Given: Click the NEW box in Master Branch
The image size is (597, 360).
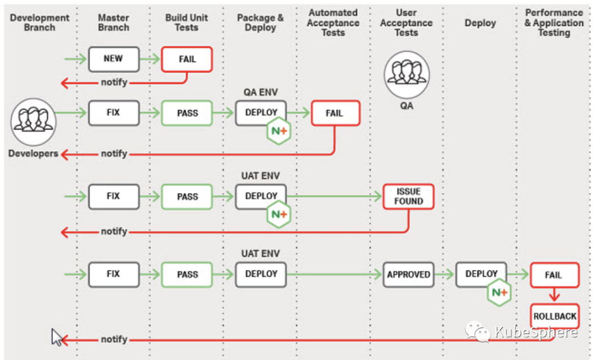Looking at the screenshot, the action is pyautogui.click(x=114, y=59).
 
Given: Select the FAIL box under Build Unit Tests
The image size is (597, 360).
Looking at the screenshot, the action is pyautogui.click(x=187, y=59).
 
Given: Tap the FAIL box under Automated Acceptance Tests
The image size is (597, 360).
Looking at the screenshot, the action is pyautogui.click(x=336, y=113).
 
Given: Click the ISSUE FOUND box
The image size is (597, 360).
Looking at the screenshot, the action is pyautogui.click(x=408, y=196).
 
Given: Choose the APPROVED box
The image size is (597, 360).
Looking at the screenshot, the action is pyautogui.click(x=408, y=274).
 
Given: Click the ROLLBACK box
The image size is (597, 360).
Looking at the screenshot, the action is pyautogui.click(x=555, y=316).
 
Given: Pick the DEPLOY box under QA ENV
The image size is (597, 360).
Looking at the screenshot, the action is pyautogui.click(x=261, y=113).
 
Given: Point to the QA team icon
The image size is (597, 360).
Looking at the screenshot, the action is pyautogui.click(x=407, y=75).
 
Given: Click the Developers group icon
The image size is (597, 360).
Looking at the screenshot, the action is pyautogui.click(x=34, y=122).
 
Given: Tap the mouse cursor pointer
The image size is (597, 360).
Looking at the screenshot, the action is pyautogui.click(x=56, y=337).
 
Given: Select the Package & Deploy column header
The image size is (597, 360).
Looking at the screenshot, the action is pyautogui.click(x=260, y=23).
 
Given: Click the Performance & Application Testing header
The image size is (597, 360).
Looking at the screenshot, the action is pyautogui.click(x=554, y=23).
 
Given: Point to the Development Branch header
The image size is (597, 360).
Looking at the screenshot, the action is pyautogui.click(x=40, y=23).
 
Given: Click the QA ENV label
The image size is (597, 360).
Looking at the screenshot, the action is pyautogui.click(x=261, y=92).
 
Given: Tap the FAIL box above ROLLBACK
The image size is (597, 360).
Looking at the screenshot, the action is pyautogui.click(x=555, y=275).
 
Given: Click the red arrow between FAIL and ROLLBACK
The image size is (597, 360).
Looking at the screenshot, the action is pyautogui.click(x=554, y=295).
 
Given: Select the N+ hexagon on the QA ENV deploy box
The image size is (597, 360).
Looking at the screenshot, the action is pyautogui.click(x=279, y=131).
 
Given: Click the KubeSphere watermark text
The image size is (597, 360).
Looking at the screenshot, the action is pyautogui.click(x=536, y=332).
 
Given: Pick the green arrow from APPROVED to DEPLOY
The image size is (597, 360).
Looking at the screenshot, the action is pyautogui.click(x=444, y=274).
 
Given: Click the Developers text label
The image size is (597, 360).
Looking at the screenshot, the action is pyautogui.click(x=33, y=154).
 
